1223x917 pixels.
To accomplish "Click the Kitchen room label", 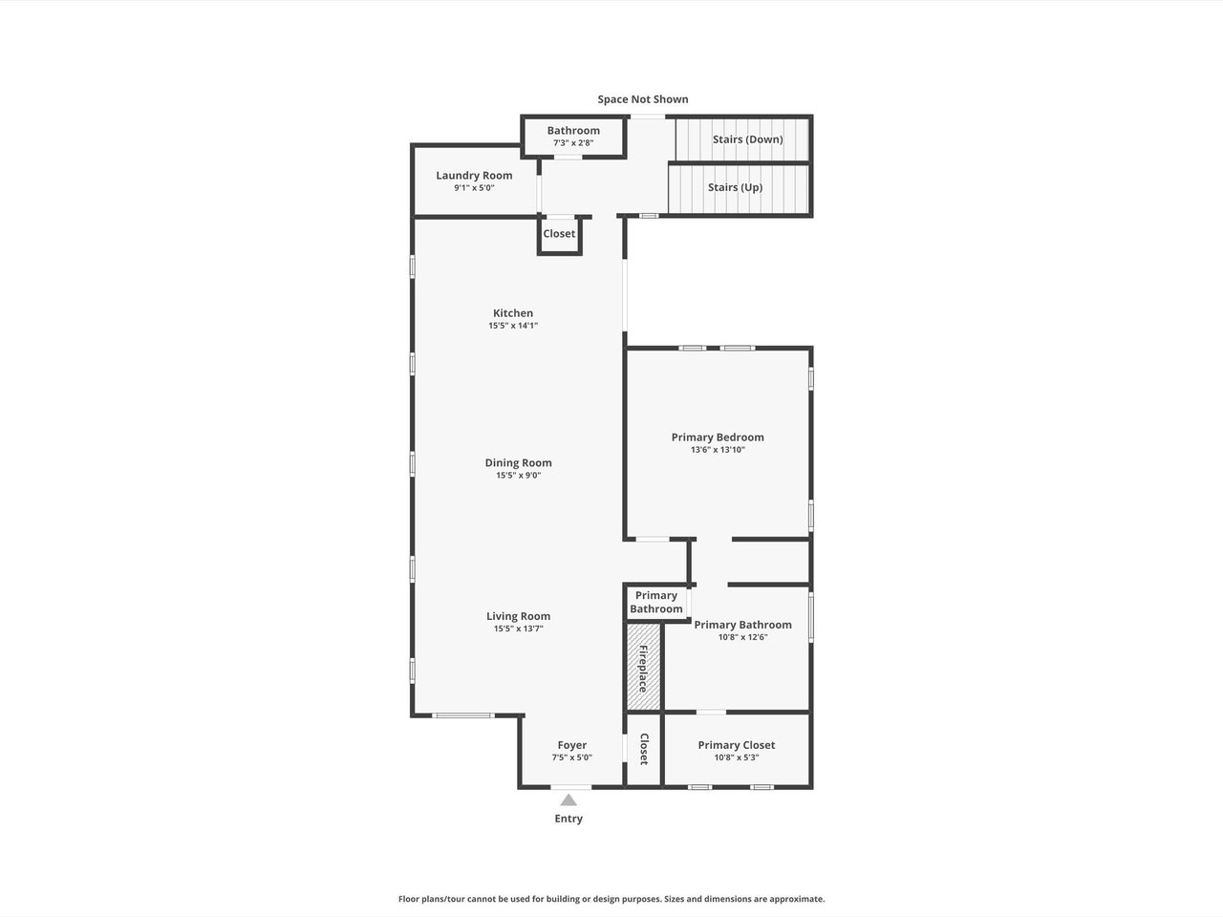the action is point(512,313).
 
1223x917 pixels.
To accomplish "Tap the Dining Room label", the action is point(518,462).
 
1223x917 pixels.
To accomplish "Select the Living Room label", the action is point(518,616).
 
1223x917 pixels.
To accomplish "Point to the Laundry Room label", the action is point(474,176).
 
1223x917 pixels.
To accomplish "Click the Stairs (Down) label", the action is point(748,139).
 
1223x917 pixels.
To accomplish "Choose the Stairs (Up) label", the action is point(735,187).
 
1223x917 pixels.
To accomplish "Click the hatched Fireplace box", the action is point(644,668).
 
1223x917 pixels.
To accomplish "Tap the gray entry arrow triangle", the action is point(569,800).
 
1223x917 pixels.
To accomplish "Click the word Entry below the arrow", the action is point(569,819).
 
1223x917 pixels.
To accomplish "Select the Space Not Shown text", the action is point(643,99).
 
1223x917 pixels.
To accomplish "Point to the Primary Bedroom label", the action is point(718,437).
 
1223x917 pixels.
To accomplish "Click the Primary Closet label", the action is point(737,745).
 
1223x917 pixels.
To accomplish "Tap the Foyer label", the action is point(572,745).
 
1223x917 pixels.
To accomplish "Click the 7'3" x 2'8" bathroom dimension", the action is point(573,143).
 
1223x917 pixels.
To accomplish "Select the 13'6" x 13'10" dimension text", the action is point(718,450).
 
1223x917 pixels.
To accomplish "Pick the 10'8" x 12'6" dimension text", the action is point(742,637).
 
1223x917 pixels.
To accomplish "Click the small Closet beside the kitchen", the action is point(559,234).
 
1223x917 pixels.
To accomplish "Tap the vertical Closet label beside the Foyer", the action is point(644,750).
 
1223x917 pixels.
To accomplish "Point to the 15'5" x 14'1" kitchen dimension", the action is point(513,326).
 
